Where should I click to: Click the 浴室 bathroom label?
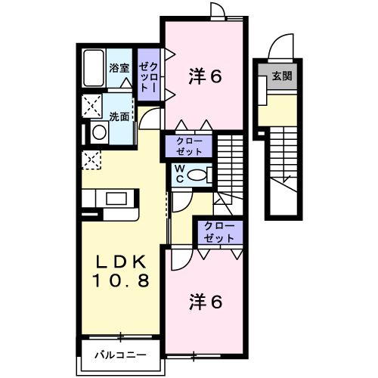(x=119, y=68)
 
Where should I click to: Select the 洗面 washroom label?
(x=119, y=116)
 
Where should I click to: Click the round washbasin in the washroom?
(x=99, y=133)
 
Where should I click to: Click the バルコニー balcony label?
(x=119, y=354)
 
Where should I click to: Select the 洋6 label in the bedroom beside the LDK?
(x=205, y=302)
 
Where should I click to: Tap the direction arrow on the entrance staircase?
(x=286, y=178)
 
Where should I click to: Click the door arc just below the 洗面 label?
(x=149, y=117)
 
